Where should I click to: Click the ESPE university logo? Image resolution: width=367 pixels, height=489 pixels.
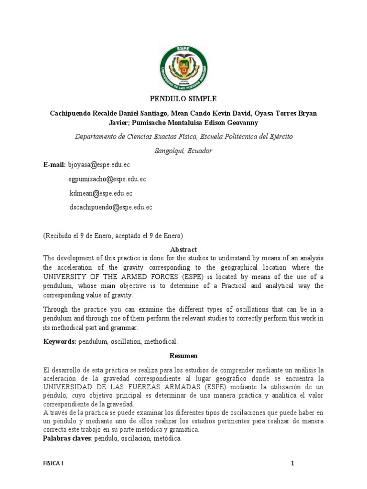coord(183,69)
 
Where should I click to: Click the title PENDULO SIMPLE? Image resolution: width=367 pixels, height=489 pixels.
coord(183,99)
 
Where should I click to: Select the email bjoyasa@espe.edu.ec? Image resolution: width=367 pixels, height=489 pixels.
coord(99,165)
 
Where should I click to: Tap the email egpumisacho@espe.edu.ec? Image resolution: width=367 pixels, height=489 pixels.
coord(107,179)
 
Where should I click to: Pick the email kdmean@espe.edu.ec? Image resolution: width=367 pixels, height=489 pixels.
coord(101,193)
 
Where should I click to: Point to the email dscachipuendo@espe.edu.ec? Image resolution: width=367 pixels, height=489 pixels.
coord(111,207)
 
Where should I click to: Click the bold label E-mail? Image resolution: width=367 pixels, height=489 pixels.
coord(54,165)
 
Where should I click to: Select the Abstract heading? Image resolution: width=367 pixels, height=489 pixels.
coord(183,250)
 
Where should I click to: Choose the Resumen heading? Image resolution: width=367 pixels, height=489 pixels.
coord(183,356)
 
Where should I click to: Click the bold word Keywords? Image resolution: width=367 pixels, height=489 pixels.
coord(60,341)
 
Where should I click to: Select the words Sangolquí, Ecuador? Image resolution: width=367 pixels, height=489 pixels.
coord(183,151)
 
